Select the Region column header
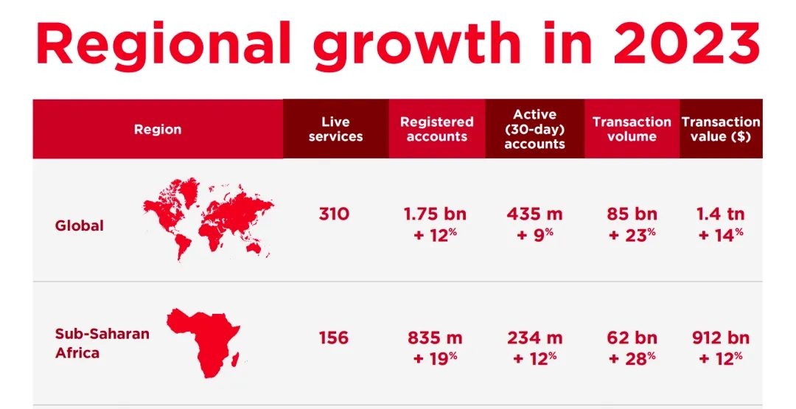158,130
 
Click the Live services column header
335,130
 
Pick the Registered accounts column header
437,130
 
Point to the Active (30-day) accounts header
534,130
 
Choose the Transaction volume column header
632,130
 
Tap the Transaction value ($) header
721,130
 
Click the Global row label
80,226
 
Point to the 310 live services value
334,214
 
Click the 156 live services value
334,338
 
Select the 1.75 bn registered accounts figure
435,214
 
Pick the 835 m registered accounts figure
435,338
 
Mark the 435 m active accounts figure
534,214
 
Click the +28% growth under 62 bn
632,358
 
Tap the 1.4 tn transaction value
720,214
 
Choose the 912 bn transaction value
720,338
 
